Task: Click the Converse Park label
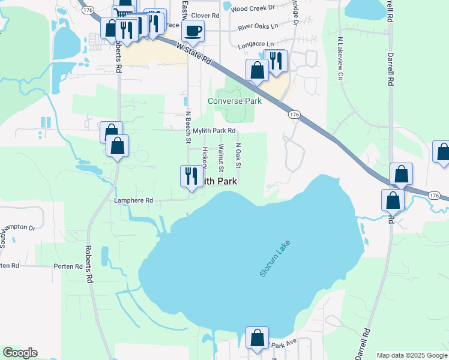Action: click(x=235, y=101)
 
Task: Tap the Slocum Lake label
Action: click(x=276, y=259)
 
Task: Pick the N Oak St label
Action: click(x=238, y=155)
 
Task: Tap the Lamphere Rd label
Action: click(x=134, y=200)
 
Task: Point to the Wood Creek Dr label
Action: click(x=252, y=8)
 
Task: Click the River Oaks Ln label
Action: click(x=258, y=26)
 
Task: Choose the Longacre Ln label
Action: click(x=256, y=44)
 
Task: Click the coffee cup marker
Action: click(x=193, y=31)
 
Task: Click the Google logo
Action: click(x=20, y=353)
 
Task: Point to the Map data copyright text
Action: click(x=412, y=355)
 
